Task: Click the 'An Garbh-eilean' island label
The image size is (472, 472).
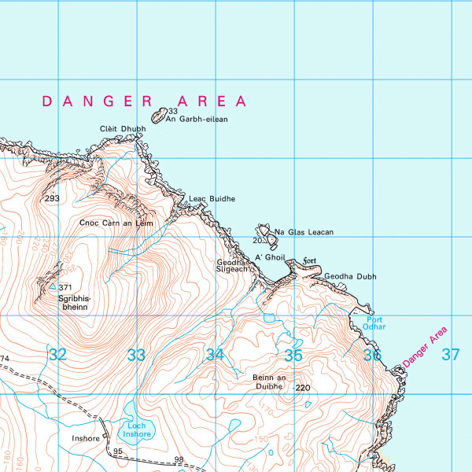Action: [197, 120]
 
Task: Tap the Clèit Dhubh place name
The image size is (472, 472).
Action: [123, 129]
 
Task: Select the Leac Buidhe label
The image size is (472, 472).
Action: [212, 199]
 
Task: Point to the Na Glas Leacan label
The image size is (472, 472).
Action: [304, 232]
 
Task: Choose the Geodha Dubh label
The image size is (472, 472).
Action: [350, 277]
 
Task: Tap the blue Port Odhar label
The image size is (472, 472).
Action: [375, 323]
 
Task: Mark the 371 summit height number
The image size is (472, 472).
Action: [65, 288]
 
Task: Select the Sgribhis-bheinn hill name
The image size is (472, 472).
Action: [75, 304]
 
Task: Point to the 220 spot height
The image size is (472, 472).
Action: [304, 388]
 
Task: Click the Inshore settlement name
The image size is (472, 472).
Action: [86, 438]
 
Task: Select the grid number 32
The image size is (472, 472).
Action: [57, 355]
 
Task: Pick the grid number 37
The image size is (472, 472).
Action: [450, 355]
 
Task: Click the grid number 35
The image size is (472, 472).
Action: [293, 355]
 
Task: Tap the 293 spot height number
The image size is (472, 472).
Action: [53, 198]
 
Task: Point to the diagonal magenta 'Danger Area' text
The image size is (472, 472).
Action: [425, 347]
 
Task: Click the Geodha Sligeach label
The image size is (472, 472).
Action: [233, 265]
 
